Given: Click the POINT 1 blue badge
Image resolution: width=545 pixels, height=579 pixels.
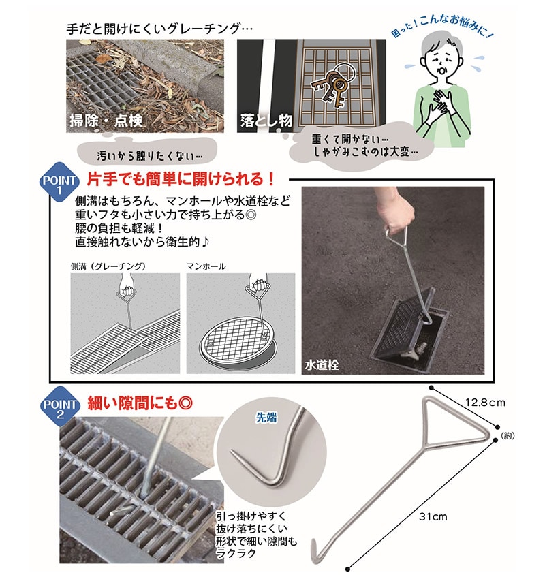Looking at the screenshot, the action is tap(59, 182).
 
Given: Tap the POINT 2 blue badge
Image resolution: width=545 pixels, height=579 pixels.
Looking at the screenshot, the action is tap(60, 406).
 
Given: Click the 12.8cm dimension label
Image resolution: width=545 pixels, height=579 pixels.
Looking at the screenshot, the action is tap(484, 402).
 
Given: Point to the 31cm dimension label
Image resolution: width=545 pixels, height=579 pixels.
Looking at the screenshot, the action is tap(433, 516).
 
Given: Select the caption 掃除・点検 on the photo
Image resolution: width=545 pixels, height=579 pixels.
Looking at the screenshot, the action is tap(106, 121).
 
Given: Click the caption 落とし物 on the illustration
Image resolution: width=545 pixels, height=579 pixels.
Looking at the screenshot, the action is tap(266, 121).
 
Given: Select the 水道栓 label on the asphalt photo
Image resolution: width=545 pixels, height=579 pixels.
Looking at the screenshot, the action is tap(322, 365).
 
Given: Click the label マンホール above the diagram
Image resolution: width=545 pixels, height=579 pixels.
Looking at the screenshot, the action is tap(206, 266).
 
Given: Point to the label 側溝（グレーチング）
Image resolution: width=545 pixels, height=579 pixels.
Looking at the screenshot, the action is tap(108, 266).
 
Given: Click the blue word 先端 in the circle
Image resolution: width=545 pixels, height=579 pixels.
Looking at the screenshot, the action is tap(266, 418).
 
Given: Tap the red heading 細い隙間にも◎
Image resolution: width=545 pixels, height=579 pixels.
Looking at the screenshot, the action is tap(140, 403).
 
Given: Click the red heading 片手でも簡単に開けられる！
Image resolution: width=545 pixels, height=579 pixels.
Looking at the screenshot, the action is tap(181, 179).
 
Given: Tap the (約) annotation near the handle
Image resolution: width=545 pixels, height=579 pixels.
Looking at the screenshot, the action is tap(508, 436).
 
